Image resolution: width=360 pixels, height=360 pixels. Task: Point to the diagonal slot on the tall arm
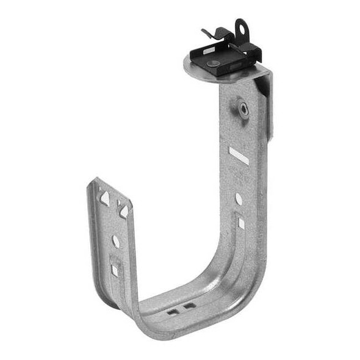point(239,155)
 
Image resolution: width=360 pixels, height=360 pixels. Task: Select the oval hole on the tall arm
point(239,199)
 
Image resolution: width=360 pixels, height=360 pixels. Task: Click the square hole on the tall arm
point(241,223)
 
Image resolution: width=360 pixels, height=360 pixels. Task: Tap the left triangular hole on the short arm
point(105,197)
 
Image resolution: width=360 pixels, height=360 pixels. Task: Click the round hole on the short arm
point(115,241)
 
